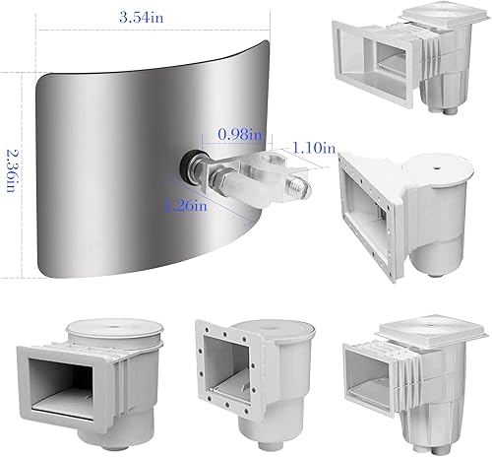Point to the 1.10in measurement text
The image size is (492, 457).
[315, 148]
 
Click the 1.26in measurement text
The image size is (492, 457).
[186, 205]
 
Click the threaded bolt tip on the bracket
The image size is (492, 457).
[301, 184]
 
